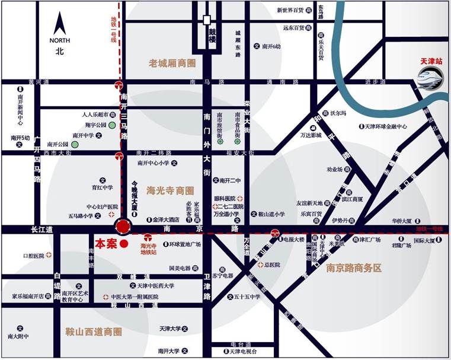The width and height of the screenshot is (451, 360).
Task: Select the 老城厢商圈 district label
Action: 172,63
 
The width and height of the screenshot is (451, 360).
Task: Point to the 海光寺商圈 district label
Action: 171,191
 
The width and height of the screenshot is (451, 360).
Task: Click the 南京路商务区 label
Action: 354,268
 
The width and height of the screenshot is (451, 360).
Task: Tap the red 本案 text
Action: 105,243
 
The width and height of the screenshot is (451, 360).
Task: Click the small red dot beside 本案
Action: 124,243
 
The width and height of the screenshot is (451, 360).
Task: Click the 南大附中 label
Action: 19,336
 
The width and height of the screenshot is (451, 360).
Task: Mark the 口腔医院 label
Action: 34,256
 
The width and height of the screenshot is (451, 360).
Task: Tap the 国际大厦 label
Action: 424,240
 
